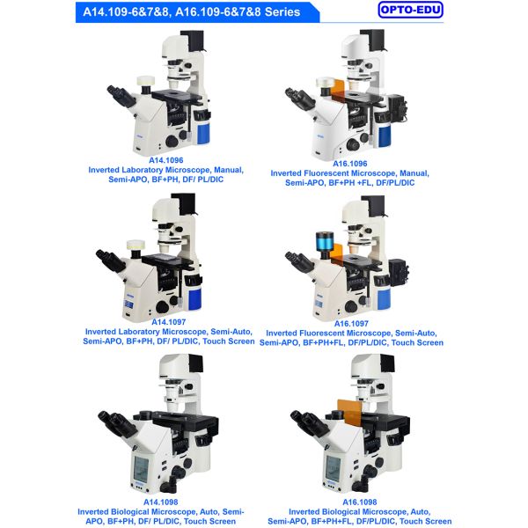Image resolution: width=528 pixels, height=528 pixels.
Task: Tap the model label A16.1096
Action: [x=350, y=163]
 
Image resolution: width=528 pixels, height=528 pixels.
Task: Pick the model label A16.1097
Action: [x=350, y=323]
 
